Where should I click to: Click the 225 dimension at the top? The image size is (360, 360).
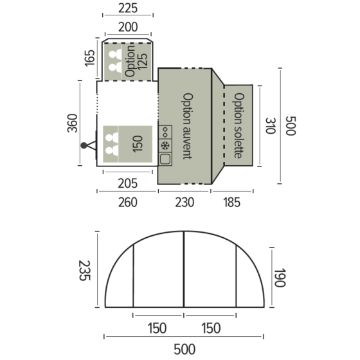coord(128,8)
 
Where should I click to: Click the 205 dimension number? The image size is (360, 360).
coord(127,183)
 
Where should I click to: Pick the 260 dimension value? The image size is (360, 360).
coord(127,203)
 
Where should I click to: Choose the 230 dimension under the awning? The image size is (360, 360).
coord(184,203)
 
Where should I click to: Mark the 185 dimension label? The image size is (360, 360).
coord(231,203)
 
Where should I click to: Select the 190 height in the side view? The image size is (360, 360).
coord(278,278)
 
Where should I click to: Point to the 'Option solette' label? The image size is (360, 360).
coord(239,126)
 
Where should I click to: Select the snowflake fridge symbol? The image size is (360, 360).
coord(165,145)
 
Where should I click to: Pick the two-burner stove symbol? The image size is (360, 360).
coord(165,132)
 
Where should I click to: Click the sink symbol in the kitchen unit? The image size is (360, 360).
coord(165,159)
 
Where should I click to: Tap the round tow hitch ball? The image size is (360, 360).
coord(84,145)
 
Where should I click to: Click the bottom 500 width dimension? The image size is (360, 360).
coord(184,349)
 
